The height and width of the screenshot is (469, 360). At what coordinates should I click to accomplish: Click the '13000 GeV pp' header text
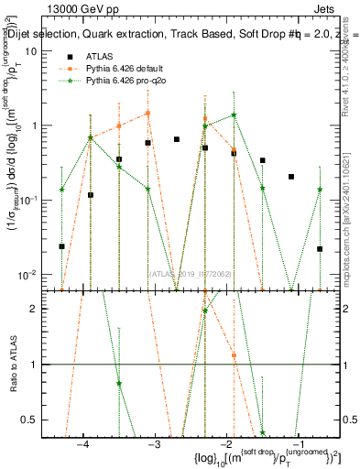pyautogui.click(x=80, y=8)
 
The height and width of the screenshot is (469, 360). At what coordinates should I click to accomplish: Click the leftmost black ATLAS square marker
pyautogui.click(x=61, y=246)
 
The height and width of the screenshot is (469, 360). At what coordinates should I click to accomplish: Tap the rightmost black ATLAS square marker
pyautogui.click(x=320, y=248)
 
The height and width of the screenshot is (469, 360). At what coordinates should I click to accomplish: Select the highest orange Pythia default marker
pyautogui.click(x=147, y=114)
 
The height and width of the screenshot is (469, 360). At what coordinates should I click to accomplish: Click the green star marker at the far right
pyautogui.click(x=320, y=190)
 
